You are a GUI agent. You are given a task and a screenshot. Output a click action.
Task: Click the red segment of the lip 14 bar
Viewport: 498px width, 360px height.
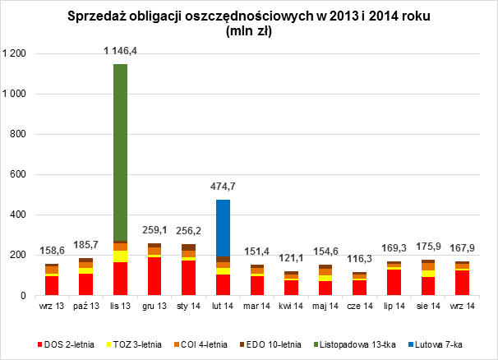coord(394,282)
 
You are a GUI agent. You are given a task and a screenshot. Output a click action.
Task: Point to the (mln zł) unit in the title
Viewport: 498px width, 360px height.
coord(248,33)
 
